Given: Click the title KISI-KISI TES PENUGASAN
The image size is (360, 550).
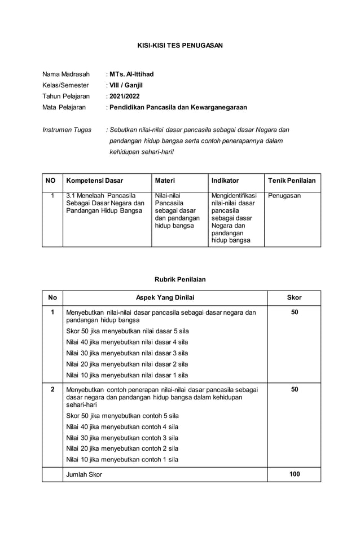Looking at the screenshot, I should [x=180, y=45].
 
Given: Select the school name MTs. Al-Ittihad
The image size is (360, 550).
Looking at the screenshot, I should [x=131, y=74].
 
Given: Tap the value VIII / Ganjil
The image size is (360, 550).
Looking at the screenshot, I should [x=126, y=85].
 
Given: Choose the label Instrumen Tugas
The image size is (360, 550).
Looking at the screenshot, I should [x=67, y=130].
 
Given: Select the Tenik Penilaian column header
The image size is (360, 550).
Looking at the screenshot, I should [x=292, y=181].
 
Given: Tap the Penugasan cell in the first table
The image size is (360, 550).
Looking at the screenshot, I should [x=284, y=196].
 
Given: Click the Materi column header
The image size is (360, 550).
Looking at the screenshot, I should [x=165, y=181].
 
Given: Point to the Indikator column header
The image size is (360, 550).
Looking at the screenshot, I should [x=225, y=181].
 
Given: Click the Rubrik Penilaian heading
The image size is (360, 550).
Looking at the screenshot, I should [x=180, y=279].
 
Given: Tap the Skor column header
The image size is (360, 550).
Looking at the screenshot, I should [x=294, y=297].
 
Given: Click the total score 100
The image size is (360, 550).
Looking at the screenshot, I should [x=294, y=474].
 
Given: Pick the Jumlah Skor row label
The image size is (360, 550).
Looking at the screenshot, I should [x=84, y=474].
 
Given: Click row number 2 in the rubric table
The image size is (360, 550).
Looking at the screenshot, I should [x=52, y=389].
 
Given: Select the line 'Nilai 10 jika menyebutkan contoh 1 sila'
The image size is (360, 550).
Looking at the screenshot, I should [x=122, y=459].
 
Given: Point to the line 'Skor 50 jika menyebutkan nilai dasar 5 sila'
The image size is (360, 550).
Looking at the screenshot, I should [x=127, y=331].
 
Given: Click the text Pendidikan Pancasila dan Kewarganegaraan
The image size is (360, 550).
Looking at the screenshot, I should [x=178, y=107].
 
